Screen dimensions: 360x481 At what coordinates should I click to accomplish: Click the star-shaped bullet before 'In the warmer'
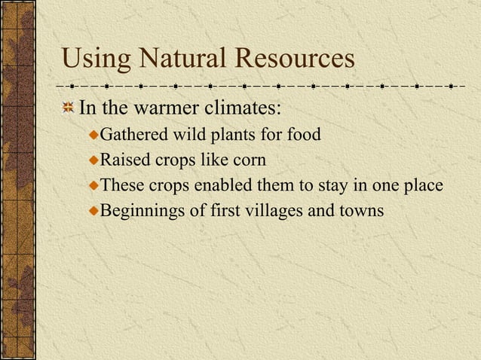(x=69, y=108)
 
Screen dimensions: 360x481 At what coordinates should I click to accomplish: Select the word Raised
(x=124, y=160)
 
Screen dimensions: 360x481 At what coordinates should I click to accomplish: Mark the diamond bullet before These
(x=93, y=186)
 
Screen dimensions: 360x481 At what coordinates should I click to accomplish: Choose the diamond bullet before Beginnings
(x=93, y=212)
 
